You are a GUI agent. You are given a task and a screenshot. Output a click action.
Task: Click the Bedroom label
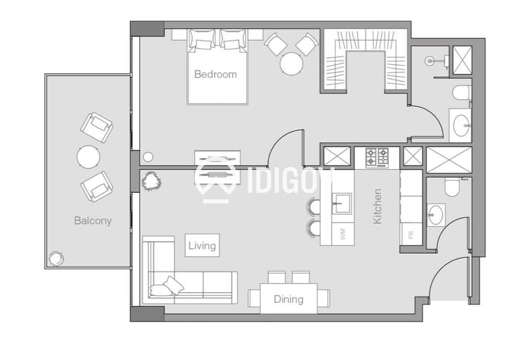pos(215,74)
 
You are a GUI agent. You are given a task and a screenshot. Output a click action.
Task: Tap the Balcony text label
pos(92,221)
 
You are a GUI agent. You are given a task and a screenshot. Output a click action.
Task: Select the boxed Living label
pos(202,245)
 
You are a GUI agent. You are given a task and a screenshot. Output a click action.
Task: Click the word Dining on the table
pos(288,299)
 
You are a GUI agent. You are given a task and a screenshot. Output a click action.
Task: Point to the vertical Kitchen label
pos(377,206)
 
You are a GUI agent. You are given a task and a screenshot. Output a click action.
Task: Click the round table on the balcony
pos(88,157)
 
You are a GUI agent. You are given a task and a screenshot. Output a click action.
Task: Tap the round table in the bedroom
pos(291,64)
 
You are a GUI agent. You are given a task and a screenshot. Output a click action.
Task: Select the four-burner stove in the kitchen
pos(377,158)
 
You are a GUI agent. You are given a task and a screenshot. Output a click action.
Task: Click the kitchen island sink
pos(342,203)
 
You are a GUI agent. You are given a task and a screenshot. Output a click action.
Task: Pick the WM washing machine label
pos(343,234)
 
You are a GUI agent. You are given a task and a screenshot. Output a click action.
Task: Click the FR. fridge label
pos(411,234)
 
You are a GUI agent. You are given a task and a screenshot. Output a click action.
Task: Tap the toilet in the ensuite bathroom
pos(462,93)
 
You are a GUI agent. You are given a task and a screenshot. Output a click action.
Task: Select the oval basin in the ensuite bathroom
pos(462,125)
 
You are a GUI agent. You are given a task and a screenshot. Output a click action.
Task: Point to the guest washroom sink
pos(436,215)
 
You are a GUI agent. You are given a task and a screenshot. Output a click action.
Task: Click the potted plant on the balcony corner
pos(56,259)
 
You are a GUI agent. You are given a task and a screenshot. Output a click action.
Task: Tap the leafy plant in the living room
pos(150,181)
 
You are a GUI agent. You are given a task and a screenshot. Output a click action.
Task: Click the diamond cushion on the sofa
pos(173,284)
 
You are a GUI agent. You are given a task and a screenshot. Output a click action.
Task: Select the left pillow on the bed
pos(202,40)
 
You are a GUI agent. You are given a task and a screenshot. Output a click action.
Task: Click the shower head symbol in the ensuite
pos(429,61)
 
